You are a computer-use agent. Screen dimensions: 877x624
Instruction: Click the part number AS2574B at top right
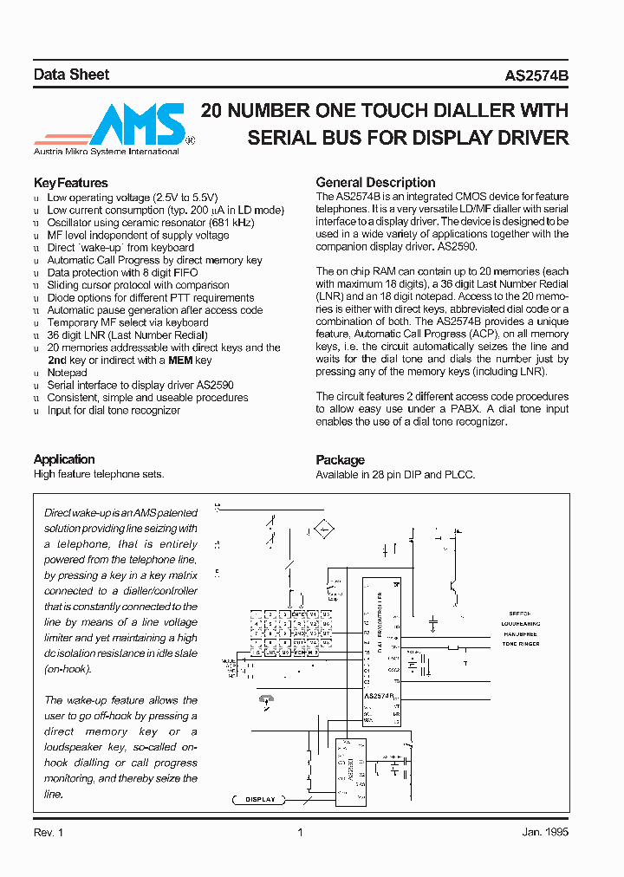coord(536,75)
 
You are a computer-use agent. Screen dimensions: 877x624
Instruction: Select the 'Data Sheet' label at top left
coord(71,75)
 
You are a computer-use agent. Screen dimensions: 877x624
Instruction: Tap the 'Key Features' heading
coord(70,183)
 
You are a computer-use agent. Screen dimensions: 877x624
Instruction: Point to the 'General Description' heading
coord(375,183)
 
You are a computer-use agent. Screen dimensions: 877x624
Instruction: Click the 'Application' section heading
coord(64,459)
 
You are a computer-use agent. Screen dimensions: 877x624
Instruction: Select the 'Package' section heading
coord(340,460)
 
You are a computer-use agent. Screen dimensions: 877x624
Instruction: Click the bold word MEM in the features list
coord(179,360)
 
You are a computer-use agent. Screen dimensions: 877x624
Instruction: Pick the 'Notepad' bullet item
coord(67,373)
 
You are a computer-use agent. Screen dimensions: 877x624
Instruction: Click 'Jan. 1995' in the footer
coord(545,833)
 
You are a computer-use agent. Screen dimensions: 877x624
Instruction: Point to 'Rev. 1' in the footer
coord(49,833)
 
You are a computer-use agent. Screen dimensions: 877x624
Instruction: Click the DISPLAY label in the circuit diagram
coord(260,799)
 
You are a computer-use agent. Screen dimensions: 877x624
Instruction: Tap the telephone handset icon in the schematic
coord(265,699)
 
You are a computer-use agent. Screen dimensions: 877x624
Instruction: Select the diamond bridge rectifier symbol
coord(324,529)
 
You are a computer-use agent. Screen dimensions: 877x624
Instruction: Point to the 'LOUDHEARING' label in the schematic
coord(520,623)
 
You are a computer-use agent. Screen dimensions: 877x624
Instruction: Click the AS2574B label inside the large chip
coord(379,696)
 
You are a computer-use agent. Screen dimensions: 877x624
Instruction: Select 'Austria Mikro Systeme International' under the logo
coord(106,152)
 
